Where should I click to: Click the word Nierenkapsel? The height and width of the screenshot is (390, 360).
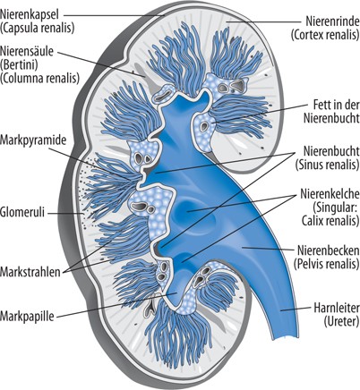pyautogui.click(x=30, y=14)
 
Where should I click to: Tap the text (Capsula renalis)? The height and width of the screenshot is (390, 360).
pyautogui.click(x=37, y=28)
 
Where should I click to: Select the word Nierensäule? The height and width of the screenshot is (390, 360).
pyautogui.click(x=27, y=51)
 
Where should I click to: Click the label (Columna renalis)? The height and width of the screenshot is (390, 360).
pyautogui.click(x=40, y=78)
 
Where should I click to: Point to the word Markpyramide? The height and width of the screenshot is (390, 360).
pyautogui.click(x=33, y=140)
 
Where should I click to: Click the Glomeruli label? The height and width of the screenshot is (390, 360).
pyautogui.click(x=22, y=213)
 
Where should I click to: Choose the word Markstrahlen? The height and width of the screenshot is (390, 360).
pyautogui.click(x=30, y=272)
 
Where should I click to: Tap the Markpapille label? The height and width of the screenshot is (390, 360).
pyautogui.click(x=27, y=316)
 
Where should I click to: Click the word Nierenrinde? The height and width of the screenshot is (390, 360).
pyautogui.click(x=332, y=21)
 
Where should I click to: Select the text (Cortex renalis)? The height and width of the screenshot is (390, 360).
pyautogui.click(x=325, y=35)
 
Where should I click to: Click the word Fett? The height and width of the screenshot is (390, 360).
pyautogui.click(x=321, y=105)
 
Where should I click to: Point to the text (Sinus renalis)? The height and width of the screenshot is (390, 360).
pyautogui.click(x=327, y=165)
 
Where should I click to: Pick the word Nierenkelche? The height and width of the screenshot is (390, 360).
pyautogui.click(x=330, y=194)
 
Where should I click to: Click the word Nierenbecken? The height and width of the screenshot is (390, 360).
pyautogui.click(x=329, y=250)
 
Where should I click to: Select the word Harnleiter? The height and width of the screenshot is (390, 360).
pyautogui.click(x=337, y=308)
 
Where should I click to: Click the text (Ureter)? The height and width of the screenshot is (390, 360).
pyautogui.click(x=341, y=321)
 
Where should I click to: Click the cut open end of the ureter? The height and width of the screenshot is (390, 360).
pyautogui.click(x=286, y=337)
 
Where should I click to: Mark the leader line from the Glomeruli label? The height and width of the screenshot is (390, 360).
pyautogui.click(x=65, y=213)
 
